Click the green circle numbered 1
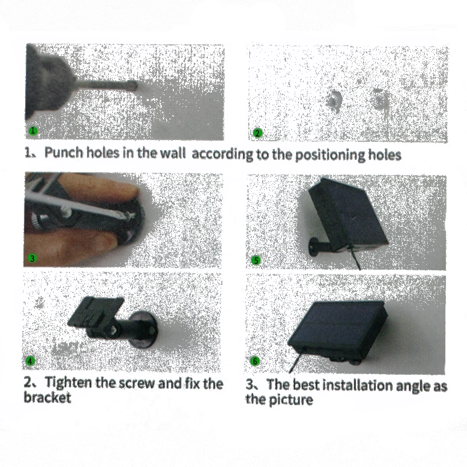tap(33, 130)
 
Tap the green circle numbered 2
tap(257, 133)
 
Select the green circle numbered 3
tap(32, 258)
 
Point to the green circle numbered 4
tap(30, 361)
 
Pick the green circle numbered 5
tap(256, 260)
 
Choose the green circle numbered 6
tap(255, 361)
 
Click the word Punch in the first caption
tap(64, 152)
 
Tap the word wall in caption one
tap(173, 153)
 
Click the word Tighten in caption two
tap(68, 382)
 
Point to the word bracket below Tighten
tap(47, 398)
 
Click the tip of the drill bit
tap(136, 86)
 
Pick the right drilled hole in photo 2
tap(378, 99)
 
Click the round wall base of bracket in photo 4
tap(144, 329)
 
